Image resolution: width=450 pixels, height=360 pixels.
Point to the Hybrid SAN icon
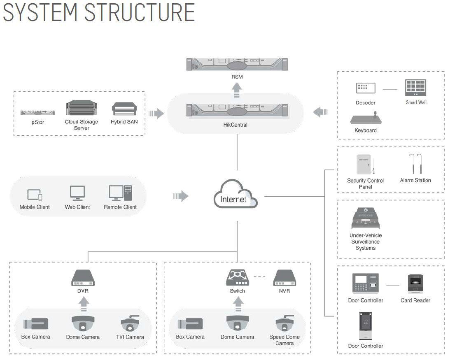pos(124,109)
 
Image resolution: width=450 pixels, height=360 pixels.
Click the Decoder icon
pos(366,88)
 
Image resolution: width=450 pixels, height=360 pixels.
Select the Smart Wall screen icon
pos(416,88)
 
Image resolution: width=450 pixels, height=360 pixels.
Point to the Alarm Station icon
pos(415,164)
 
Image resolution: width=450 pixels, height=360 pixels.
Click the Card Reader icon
pos(415,284)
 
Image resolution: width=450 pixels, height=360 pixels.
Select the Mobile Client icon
pos(35,195)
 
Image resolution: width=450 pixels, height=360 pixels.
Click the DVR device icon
pos(83,278)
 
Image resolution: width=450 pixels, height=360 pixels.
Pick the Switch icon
pos(237,278)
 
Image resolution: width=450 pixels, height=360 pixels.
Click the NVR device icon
pos(284,278)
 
